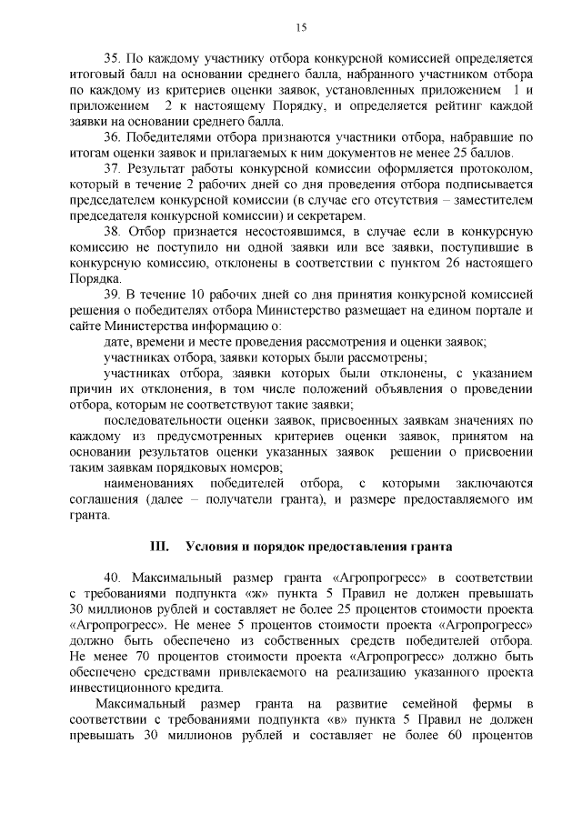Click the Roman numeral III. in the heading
tap(158, 547)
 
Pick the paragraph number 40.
tap(113, 578)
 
